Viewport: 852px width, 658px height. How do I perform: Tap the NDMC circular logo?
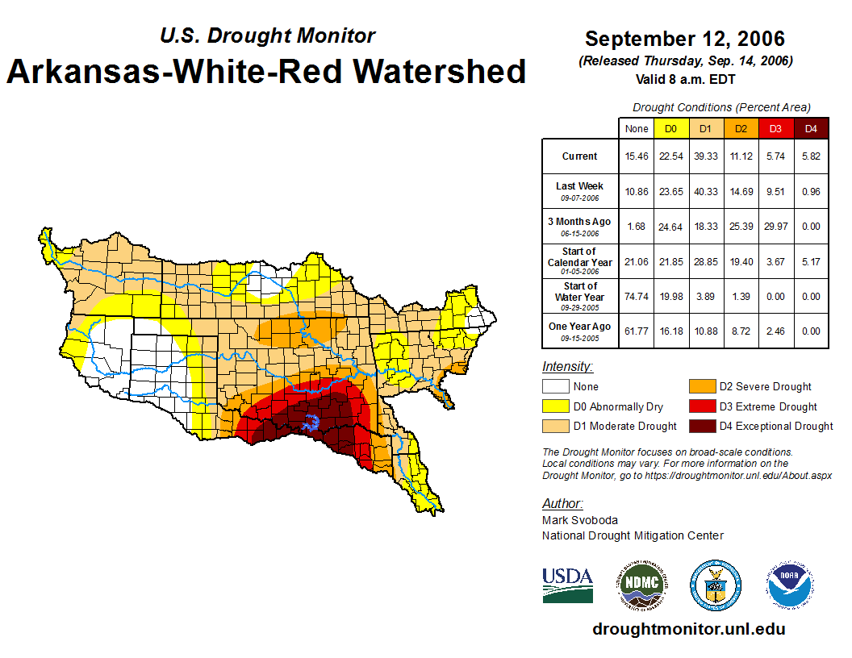641,585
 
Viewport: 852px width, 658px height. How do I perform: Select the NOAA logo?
790,585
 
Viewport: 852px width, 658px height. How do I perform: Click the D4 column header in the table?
811,129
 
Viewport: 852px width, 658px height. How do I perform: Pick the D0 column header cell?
670,129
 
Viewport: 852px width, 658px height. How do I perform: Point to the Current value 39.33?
705,156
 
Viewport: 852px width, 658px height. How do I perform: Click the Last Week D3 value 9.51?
775,191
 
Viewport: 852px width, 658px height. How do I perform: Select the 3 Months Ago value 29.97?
775,227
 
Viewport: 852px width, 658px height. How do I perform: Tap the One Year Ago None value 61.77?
636,331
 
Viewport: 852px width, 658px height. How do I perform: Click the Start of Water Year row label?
580,296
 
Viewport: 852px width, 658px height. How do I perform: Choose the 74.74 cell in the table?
636,296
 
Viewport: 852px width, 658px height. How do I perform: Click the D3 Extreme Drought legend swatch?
700,407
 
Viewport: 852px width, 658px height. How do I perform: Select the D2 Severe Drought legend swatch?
700,387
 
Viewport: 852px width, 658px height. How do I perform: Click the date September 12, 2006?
684,39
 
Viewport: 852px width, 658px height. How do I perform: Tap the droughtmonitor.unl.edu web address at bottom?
688,629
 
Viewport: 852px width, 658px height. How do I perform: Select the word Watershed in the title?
436,71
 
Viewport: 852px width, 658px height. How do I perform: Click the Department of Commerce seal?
715,585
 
